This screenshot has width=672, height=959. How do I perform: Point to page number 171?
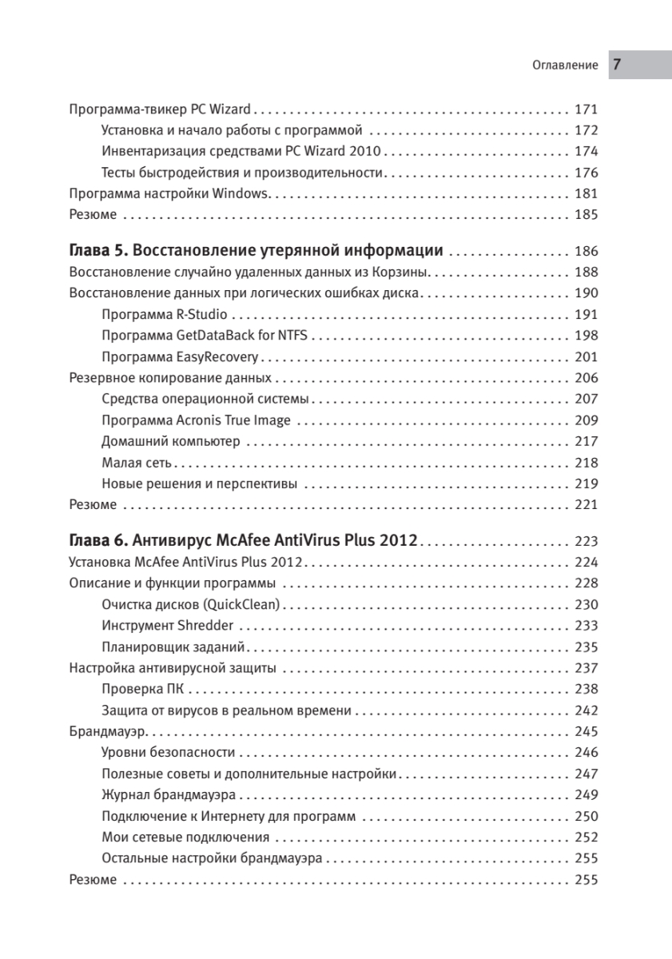pos(587,109)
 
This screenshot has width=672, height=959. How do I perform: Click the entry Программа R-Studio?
pos(165,314)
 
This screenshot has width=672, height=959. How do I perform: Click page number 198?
pos(587,336)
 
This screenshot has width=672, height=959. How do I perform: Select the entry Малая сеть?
pos(137,462)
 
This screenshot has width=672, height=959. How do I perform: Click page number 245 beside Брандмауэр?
pos(587,731)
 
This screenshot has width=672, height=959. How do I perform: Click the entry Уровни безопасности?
pos(169,752)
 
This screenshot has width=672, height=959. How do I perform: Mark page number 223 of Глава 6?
pos(587,540)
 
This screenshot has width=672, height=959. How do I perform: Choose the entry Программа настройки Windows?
pos(171,193)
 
